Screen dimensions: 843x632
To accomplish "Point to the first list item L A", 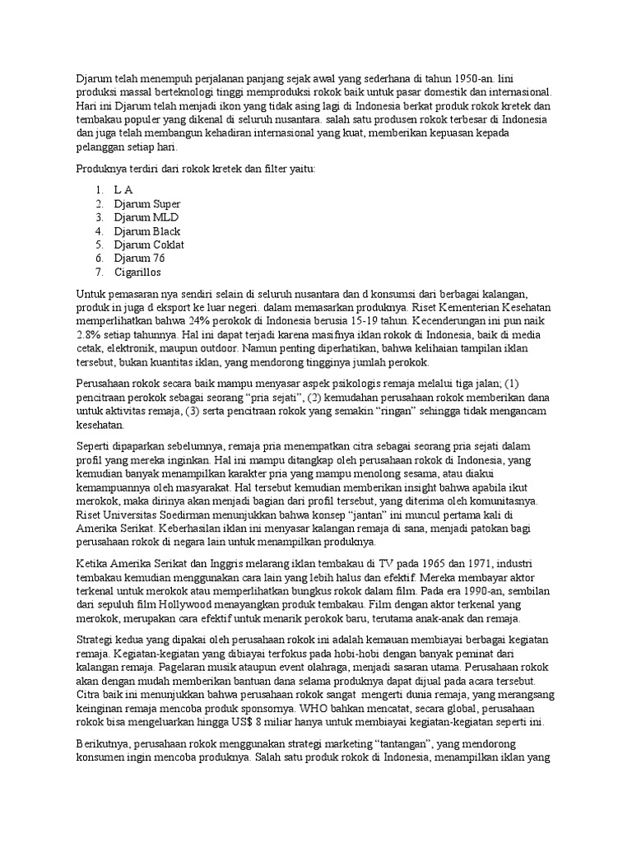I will tap(123, 189).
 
